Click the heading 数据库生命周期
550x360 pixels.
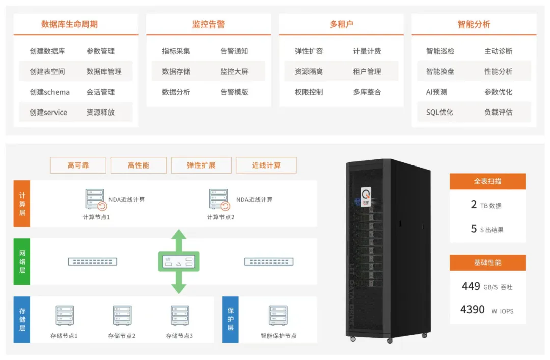click(69, 24)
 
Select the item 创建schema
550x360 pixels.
click(50, 92)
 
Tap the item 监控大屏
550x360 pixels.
click(234, 72)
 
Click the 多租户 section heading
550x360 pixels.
click(341, 24)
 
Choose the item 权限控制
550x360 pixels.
click(309, 92)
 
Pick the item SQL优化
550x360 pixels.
click(439, 113)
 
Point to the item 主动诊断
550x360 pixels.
click(499, 51)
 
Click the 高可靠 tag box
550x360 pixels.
click(78, 165)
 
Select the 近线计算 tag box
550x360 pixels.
click(266, 165)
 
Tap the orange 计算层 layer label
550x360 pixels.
click(22, 204)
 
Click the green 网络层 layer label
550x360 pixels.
click(22, 262)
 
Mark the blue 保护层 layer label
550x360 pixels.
click(231, 320)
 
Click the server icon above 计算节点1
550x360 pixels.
click(95, 200)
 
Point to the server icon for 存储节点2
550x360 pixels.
click(122, 316)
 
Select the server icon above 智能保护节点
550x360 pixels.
click(278, 316)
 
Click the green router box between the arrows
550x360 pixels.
click(179, 261)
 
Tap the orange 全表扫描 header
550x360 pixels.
click(487, 181)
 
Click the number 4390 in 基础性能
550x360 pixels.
click(473, 309)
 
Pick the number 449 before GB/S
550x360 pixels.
click(471, 286)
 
